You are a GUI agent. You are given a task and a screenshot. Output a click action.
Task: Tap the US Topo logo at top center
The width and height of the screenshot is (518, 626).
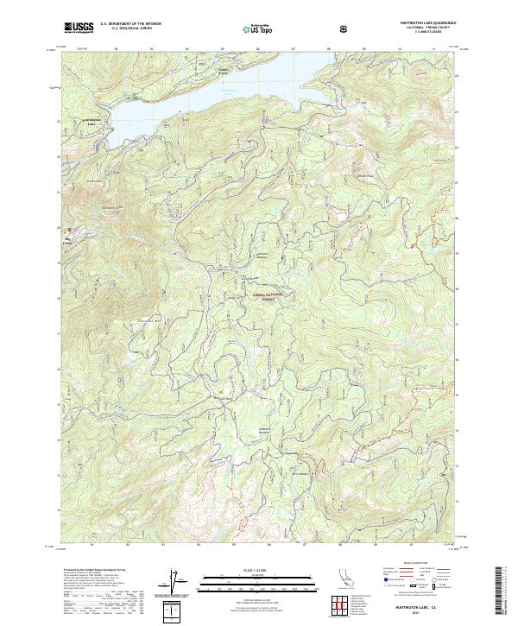click(x=264, y=28)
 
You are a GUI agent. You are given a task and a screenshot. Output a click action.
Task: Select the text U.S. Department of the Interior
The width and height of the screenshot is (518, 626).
click(x=131, y=24)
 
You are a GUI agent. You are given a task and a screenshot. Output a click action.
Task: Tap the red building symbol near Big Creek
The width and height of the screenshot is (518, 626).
click(x=72, y=230)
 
